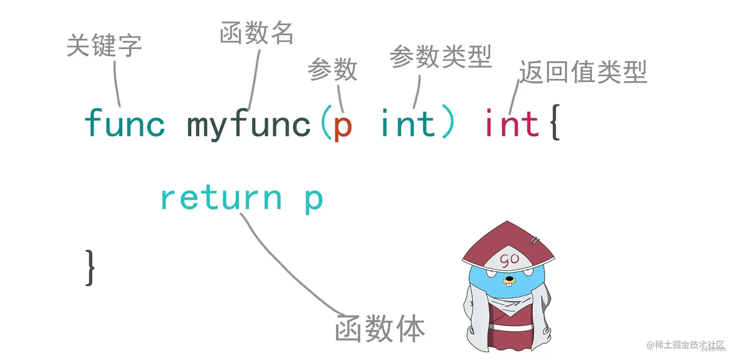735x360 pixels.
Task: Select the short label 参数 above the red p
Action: pos(332,70)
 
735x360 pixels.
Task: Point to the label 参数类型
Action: pos(440,57)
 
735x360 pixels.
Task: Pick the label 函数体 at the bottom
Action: pos(380,329)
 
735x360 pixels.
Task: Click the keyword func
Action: pos(125,123)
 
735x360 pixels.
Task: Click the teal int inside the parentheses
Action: pos(407,123)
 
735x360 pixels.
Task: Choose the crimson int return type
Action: pos(512,123)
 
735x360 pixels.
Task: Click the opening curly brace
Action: pos(555,124)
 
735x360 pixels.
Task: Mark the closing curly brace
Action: pos(90,267)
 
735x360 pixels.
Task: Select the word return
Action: pos(221,198)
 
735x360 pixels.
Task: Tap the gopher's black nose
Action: pos(509,279)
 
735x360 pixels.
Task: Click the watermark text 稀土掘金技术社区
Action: pos(690,345)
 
